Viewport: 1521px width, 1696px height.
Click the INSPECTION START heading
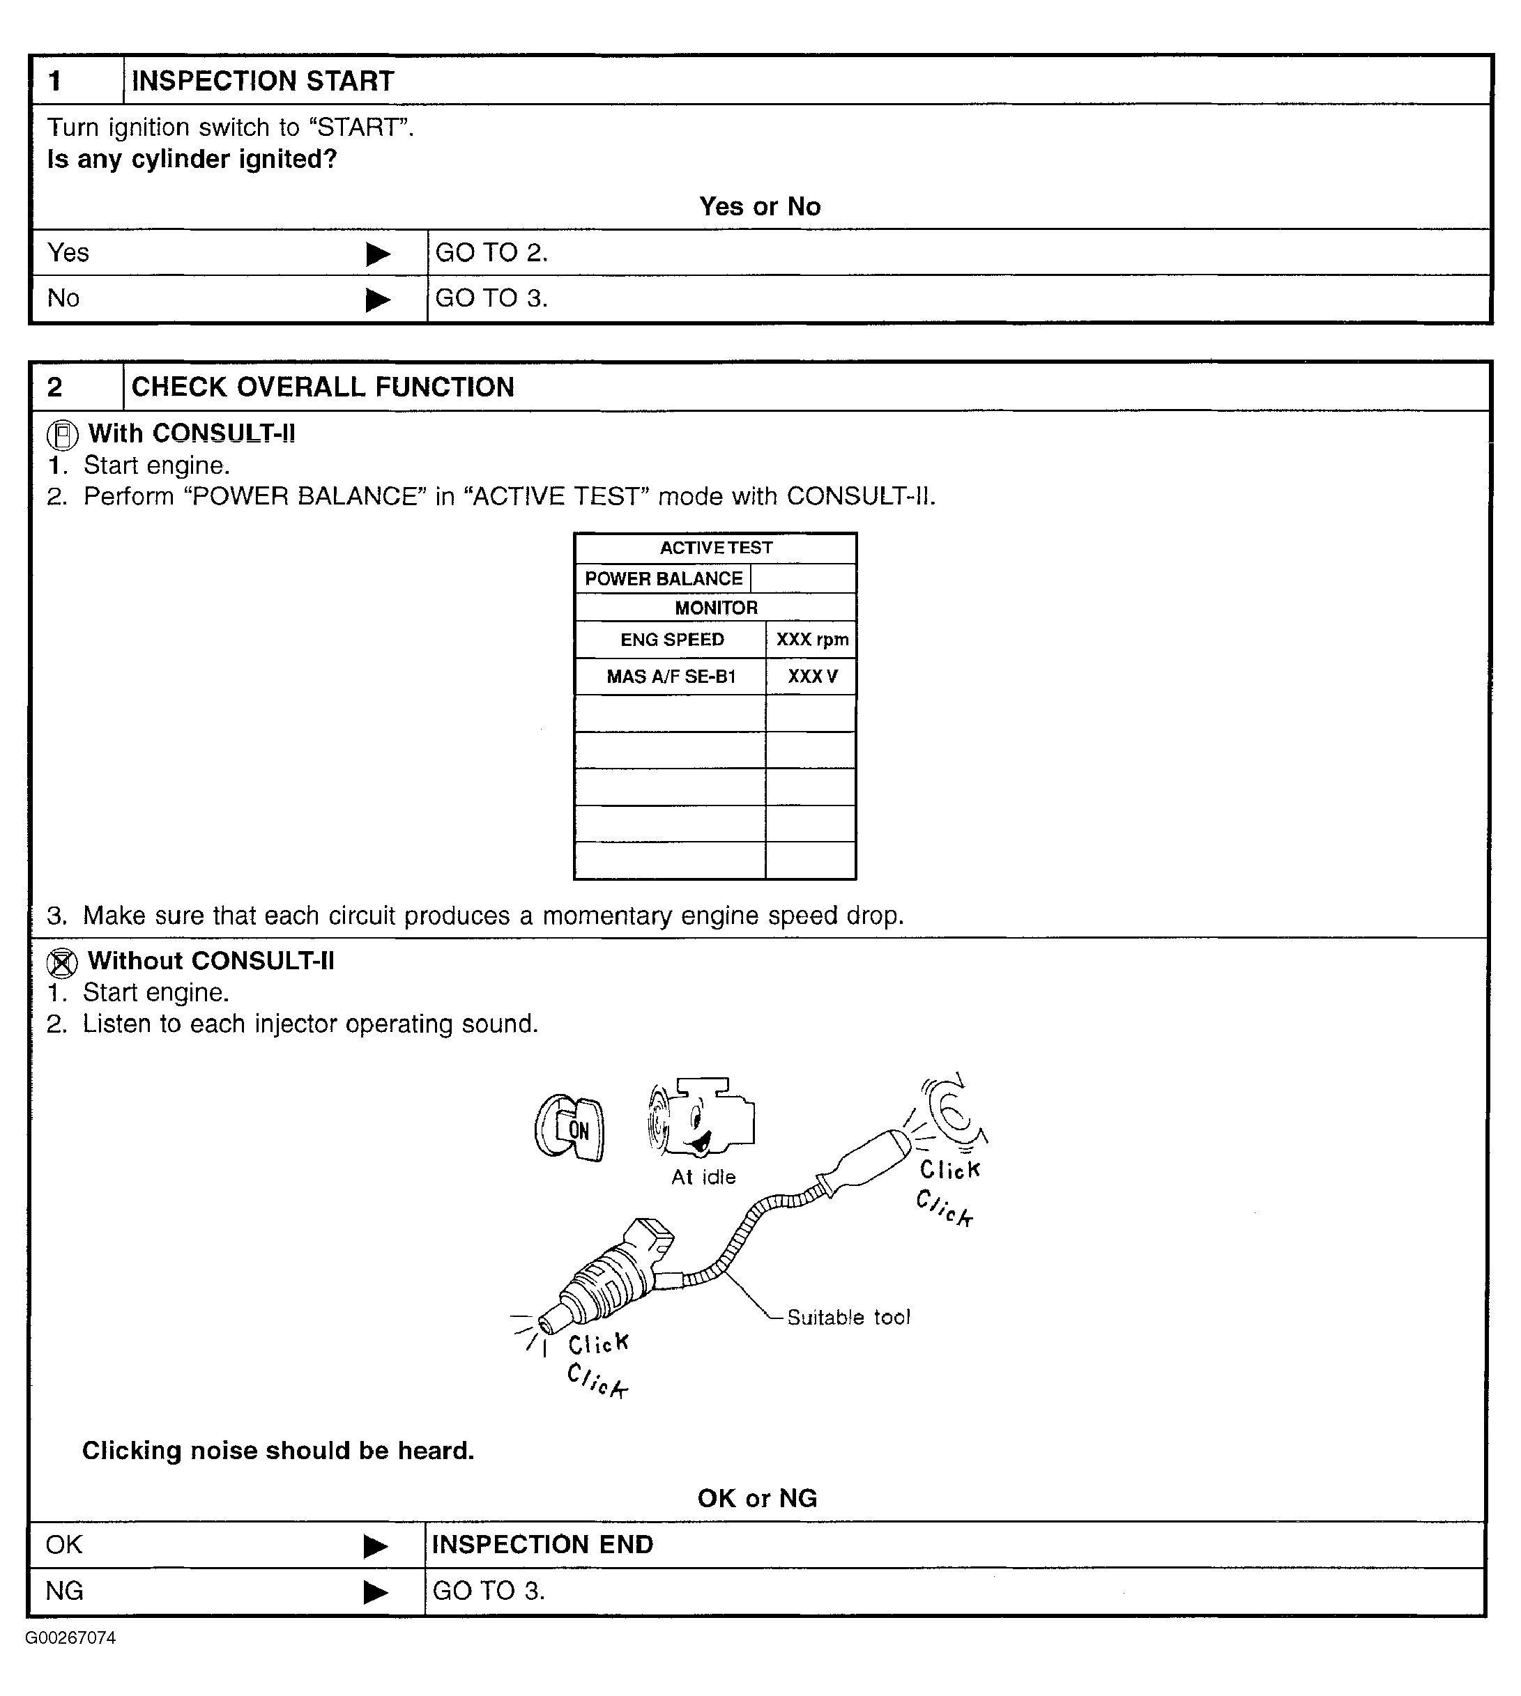tap(262, 81)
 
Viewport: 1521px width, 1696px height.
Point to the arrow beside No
tap(378, 299)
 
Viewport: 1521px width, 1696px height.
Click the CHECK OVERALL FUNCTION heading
tap(323, 387)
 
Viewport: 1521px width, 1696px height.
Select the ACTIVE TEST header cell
tap(715, 548)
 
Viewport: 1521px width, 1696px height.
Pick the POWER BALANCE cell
tap(664, 579)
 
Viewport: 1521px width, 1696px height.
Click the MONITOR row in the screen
tap(715, 608)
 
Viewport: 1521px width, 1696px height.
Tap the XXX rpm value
tap(811, 640)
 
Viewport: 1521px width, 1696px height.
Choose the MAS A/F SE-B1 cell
tap(671, 677)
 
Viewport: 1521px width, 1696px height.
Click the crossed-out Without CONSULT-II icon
tap(63, 963)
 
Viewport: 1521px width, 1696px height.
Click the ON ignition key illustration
tap(570, 1129)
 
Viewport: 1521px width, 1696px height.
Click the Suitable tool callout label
tap(848, 1318)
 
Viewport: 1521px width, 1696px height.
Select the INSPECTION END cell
tap(542, 1545)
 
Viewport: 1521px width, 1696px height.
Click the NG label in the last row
tap(64, 1591)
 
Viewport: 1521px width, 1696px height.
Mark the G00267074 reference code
tap(70, 1638)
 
